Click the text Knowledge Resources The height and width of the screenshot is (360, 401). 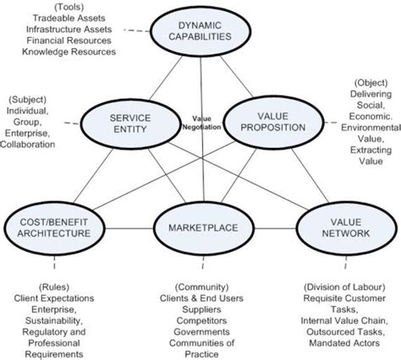click(x=70, y=52)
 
